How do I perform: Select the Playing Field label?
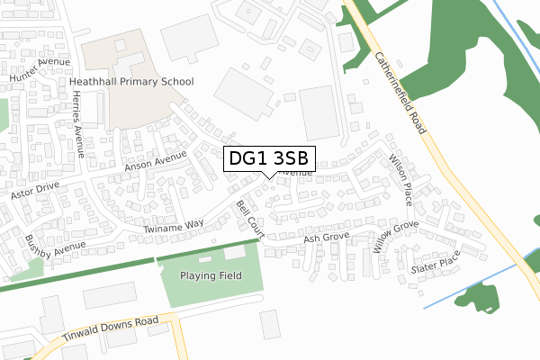coord(211,275)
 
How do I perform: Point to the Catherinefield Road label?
coord(400,92)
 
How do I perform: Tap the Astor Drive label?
coord(34,192)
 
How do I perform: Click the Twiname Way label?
coord(174,229)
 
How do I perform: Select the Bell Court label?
coord(247,219)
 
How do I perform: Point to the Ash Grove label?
coord(326,238)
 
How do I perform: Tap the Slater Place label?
coord(435,262)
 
